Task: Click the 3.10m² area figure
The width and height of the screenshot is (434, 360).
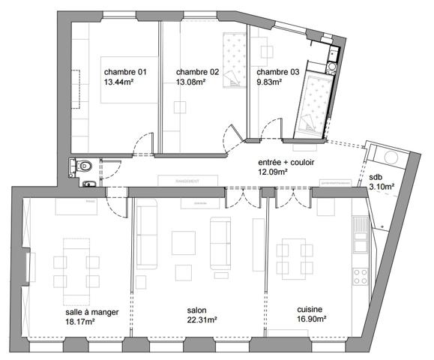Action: pos(382,187)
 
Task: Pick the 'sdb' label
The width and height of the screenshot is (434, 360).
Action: pos(375,177)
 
